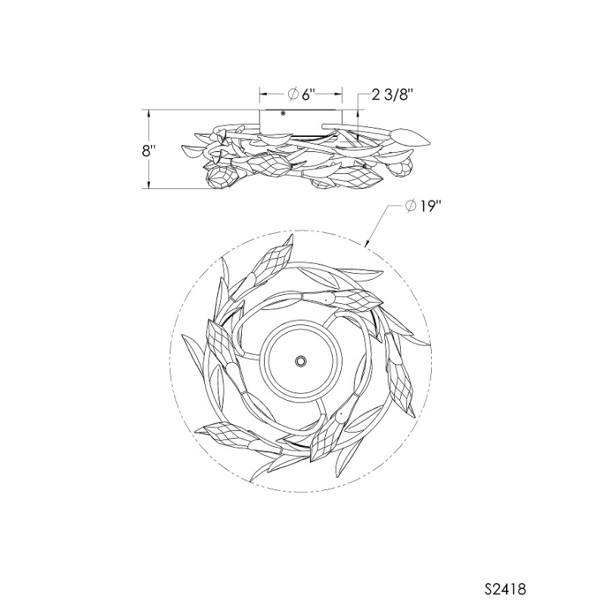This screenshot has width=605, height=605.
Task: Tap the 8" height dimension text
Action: pyautogui.click(x=147, y=150)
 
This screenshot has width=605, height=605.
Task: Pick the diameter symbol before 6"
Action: pyautogui.click(x=293, y=94)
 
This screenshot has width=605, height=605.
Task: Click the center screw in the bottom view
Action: pyautogui.click(x=300, y=361)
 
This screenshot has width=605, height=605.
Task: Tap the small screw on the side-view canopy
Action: pyautogui.click(x=283, y=113)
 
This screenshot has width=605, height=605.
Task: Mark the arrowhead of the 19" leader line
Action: pyautogui.click(x=367, y=244)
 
